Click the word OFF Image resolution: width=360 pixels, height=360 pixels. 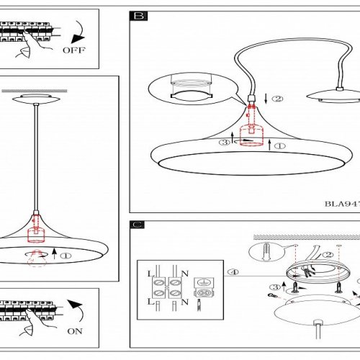tap(74, 50)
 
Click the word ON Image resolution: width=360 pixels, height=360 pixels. tap(75, 331)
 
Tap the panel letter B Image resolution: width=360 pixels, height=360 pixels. tap(139, 16)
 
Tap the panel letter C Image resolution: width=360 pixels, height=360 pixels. tap(138, 225)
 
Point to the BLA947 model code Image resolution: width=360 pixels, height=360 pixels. tap(342, 204)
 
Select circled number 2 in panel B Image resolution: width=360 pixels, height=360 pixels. tap(278, 99)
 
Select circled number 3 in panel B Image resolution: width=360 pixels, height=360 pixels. tap(225, 143)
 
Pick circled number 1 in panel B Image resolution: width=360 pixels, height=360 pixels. tap(280, 146)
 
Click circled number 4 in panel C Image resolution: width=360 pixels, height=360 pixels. tap(233, 272)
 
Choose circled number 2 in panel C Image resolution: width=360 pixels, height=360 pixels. tap(328, 255)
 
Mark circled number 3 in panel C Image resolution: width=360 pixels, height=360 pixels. tap(275, 287)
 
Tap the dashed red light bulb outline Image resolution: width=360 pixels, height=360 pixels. tap(37, 258)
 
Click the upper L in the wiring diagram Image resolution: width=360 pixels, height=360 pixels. tap(151, 274)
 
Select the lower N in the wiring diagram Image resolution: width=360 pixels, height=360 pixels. tap(185, 302)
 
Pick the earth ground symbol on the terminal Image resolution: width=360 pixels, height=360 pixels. tap(204, 282)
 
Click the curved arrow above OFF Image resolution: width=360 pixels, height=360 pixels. tap(78, 32)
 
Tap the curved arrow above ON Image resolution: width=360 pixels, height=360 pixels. tap(76, 310)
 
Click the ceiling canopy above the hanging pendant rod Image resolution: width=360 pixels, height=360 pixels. tap(36, 99)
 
